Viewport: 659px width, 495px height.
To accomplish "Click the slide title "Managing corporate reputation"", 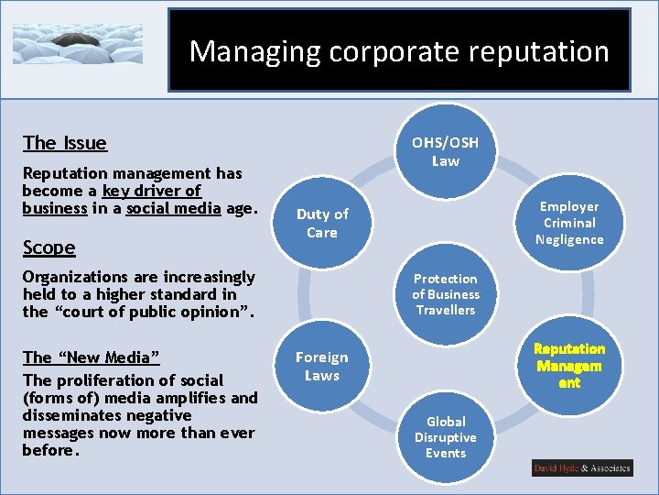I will pyautogui.click(x=399, y=51).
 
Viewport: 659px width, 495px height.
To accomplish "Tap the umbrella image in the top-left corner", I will pyautogui.click(x=78, y=43).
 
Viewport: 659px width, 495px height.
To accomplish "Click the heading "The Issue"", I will pyautogui.click(x=65, y=142).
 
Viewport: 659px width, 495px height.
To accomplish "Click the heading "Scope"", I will pyautogui.click(x=49, y=247).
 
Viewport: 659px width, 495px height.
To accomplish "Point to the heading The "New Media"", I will pyautogui.click(x=91, y=357).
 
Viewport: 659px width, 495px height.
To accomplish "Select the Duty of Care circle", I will pyautogui.click(x=322, y=223).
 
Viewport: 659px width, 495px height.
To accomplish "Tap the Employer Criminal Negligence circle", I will pyautogui.click(x=569, y=223).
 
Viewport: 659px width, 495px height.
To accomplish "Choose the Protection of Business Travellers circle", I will pyautogui.click(x=446, y=294).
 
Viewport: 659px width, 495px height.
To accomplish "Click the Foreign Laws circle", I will pyautogui.click(x=322, y=366).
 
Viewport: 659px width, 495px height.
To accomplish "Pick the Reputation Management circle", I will pyautogui.click(x=569, y=366).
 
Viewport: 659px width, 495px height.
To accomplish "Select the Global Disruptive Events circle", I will pyautogui.click(x=446, y=437).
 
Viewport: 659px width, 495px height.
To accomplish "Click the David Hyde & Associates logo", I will pyautogui.click(x=582, y=468).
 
